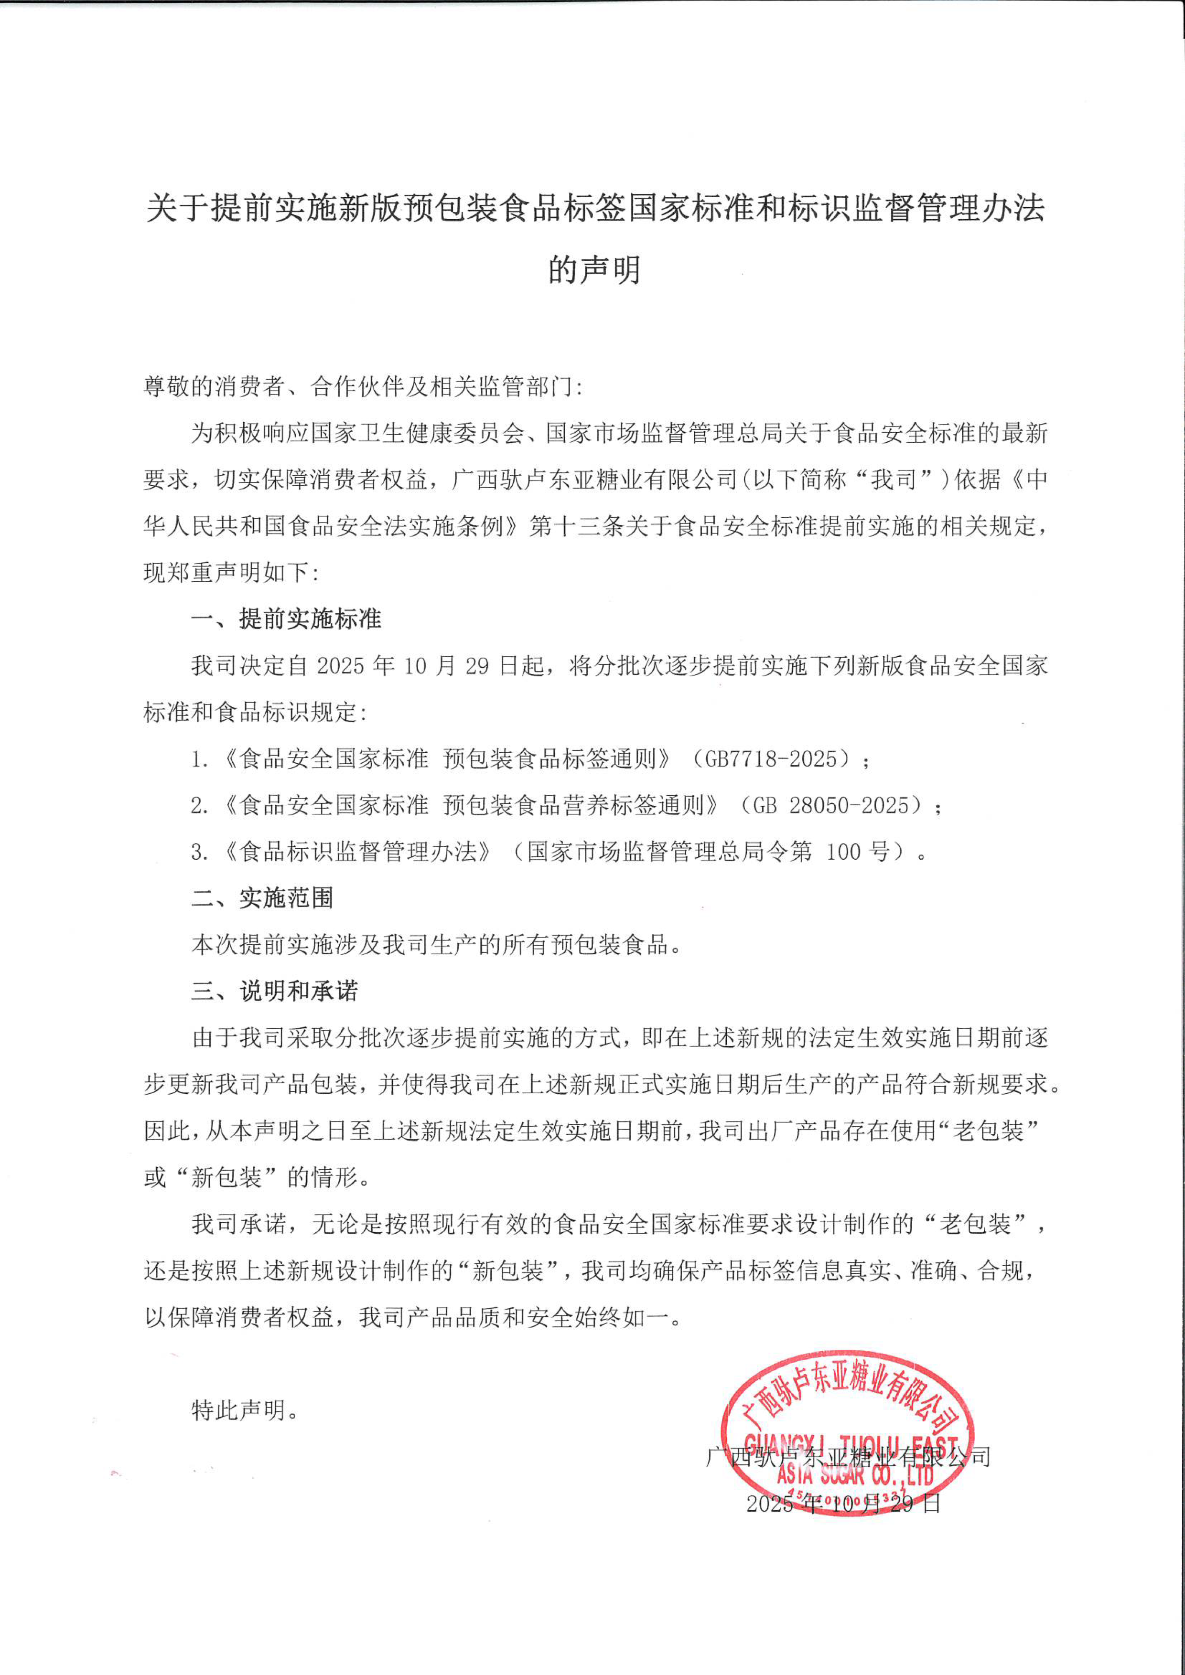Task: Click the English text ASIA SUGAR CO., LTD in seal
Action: (x=854, y=1475)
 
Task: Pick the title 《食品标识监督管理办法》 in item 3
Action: (x=357, y=852)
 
